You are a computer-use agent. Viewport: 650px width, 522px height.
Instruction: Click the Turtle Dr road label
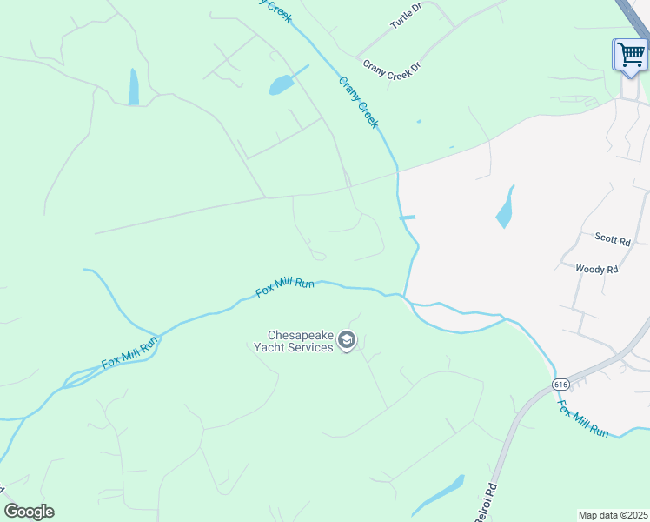[x=406, y=16]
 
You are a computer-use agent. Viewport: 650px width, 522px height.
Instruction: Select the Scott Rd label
[x=611, y=237]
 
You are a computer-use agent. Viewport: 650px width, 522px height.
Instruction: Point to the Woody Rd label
[x=596, y=270]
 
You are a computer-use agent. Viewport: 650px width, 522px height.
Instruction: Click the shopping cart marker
[x=630, y=56]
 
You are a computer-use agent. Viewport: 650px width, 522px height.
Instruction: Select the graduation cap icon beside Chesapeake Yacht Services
[x=347, y=340]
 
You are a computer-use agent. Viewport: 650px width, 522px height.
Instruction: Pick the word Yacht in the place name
[x=269, y=347]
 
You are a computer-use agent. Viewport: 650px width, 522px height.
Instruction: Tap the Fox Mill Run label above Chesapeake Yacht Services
[x=284, y=286]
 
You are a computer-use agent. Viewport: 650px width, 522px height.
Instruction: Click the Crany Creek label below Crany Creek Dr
[x=358, y=103]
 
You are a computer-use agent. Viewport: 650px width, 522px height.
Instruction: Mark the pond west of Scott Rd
[x=505, y=208]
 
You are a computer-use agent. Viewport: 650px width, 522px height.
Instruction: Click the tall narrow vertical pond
[x=134, y=87]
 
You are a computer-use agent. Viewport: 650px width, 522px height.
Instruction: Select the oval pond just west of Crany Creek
[x=282, y=84]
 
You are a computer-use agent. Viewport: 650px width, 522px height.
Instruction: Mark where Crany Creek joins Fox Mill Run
[x=404, y=296]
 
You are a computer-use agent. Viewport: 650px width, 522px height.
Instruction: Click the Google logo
[x=29, y=512]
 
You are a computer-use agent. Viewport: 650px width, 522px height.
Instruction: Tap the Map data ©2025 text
[x=614, y=515]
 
